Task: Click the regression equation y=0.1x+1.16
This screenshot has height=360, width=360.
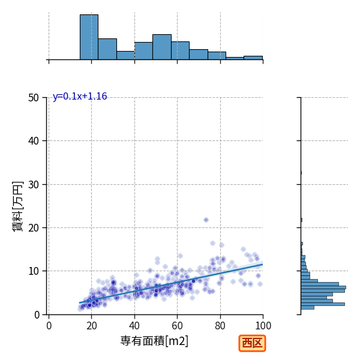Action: coord(80,97)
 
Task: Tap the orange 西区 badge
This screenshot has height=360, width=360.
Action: coord(252,343)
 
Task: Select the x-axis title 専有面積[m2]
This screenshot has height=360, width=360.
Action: coord(154,341)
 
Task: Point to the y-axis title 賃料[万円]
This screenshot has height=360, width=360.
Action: coord(17,206)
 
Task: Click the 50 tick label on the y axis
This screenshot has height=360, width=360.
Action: coord(34,98)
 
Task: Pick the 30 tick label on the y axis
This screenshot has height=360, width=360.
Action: coord(34,185)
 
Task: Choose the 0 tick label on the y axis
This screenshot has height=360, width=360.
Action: coord(37,315)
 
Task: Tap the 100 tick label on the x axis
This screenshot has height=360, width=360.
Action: coord(263,326)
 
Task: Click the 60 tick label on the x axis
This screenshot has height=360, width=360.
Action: coord(177,326)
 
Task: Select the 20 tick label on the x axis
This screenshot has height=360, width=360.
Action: coord(92,326)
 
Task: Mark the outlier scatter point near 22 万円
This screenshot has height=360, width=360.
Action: coord(206,220)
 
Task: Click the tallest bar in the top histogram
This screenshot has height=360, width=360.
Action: coord(89,37)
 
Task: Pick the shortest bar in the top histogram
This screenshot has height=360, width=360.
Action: coord(235,58)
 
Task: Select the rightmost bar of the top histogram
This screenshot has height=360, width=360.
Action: coord(253,58)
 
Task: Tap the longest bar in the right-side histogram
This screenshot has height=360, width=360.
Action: coord(323,287)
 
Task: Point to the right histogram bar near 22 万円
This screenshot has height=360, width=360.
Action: coord(301,220)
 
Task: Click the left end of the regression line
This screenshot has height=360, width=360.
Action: coord(79,303)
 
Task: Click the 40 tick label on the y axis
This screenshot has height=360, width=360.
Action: coord(34,141)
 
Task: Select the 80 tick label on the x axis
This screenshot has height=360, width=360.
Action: coord(220,326)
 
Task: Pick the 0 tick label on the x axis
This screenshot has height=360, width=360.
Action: coord(49,326)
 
